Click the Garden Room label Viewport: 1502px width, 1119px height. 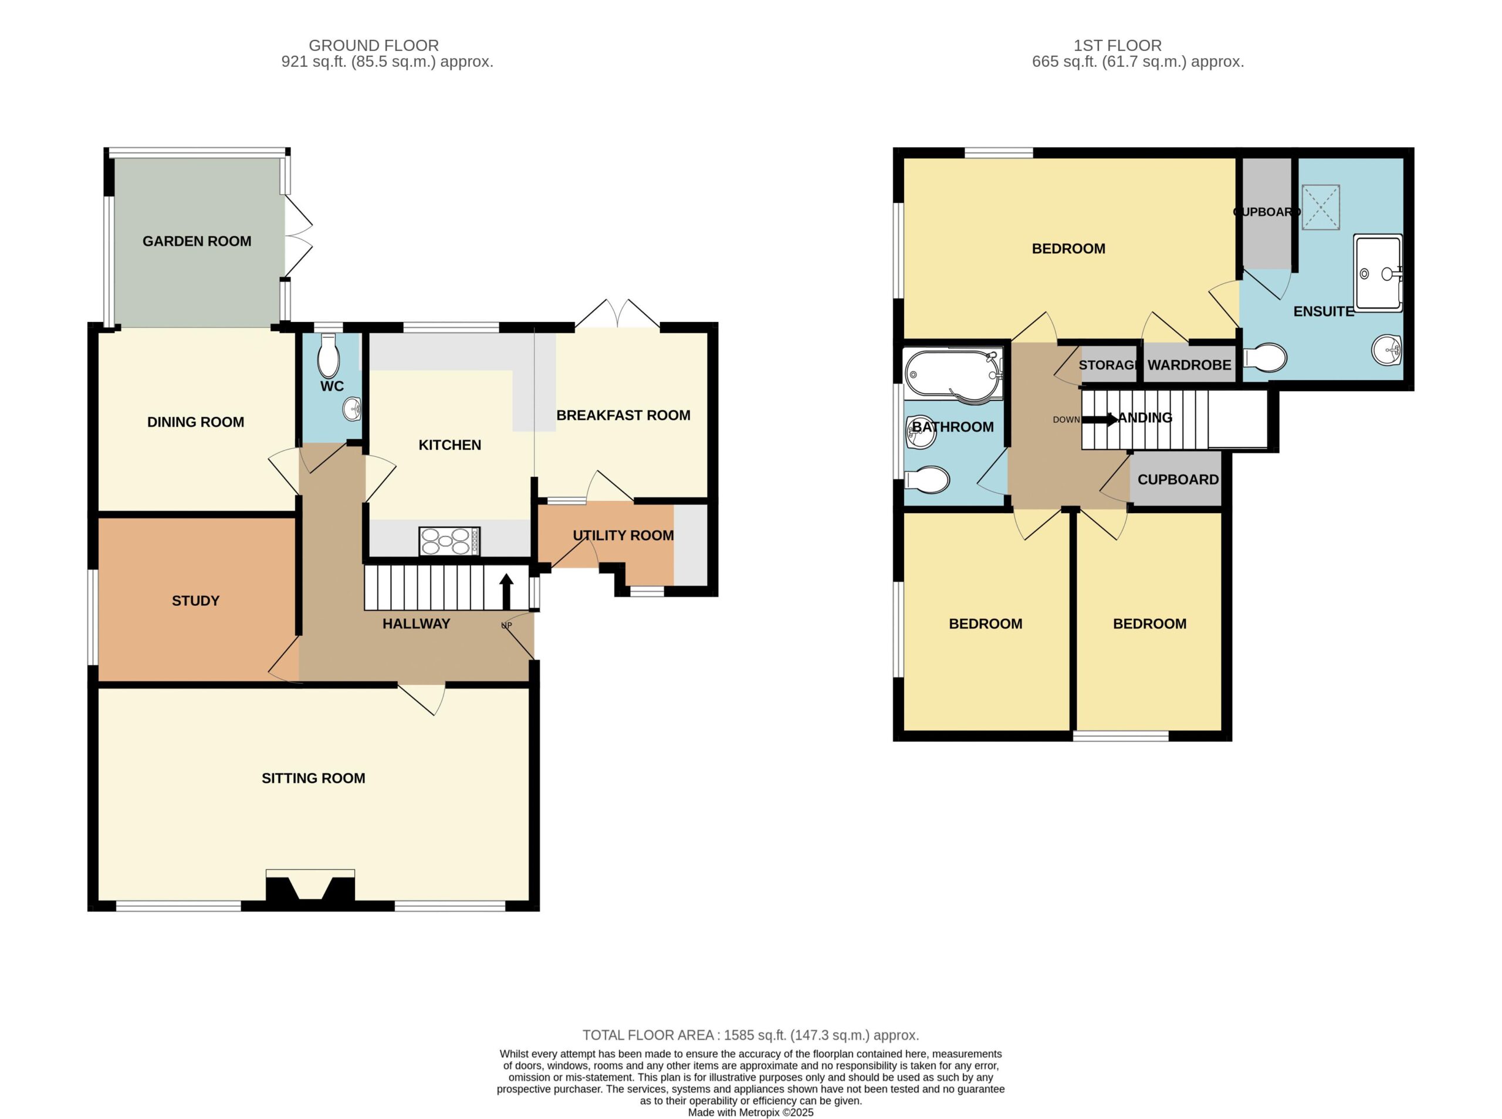tap(197, 241)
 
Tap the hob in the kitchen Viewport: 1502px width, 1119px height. tap(449, 541)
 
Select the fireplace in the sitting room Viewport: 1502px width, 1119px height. tap(310, 887)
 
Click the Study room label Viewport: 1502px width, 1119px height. tap(196, 601)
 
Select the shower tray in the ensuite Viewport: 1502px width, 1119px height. tap(1378, 273)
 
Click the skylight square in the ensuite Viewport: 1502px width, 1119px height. tap(1321, 207)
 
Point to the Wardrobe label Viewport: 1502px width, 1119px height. tap(1189, 365)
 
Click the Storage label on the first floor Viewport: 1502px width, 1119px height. tap(1108, 365)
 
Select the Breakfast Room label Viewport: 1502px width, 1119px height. tap(623, 415)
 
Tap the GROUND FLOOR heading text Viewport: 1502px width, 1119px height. tap(374, 45)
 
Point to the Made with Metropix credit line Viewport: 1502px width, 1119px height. tap(750, 1112)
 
